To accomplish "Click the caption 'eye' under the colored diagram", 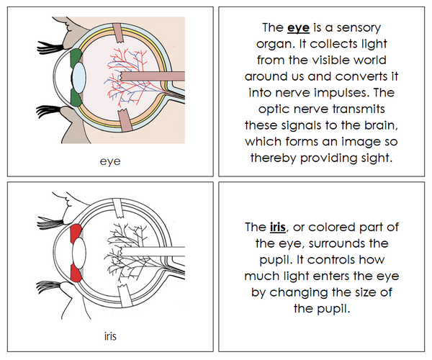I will (x=110, y=161).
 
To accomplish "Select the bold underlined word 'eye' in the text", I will (x=297, y=30).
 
